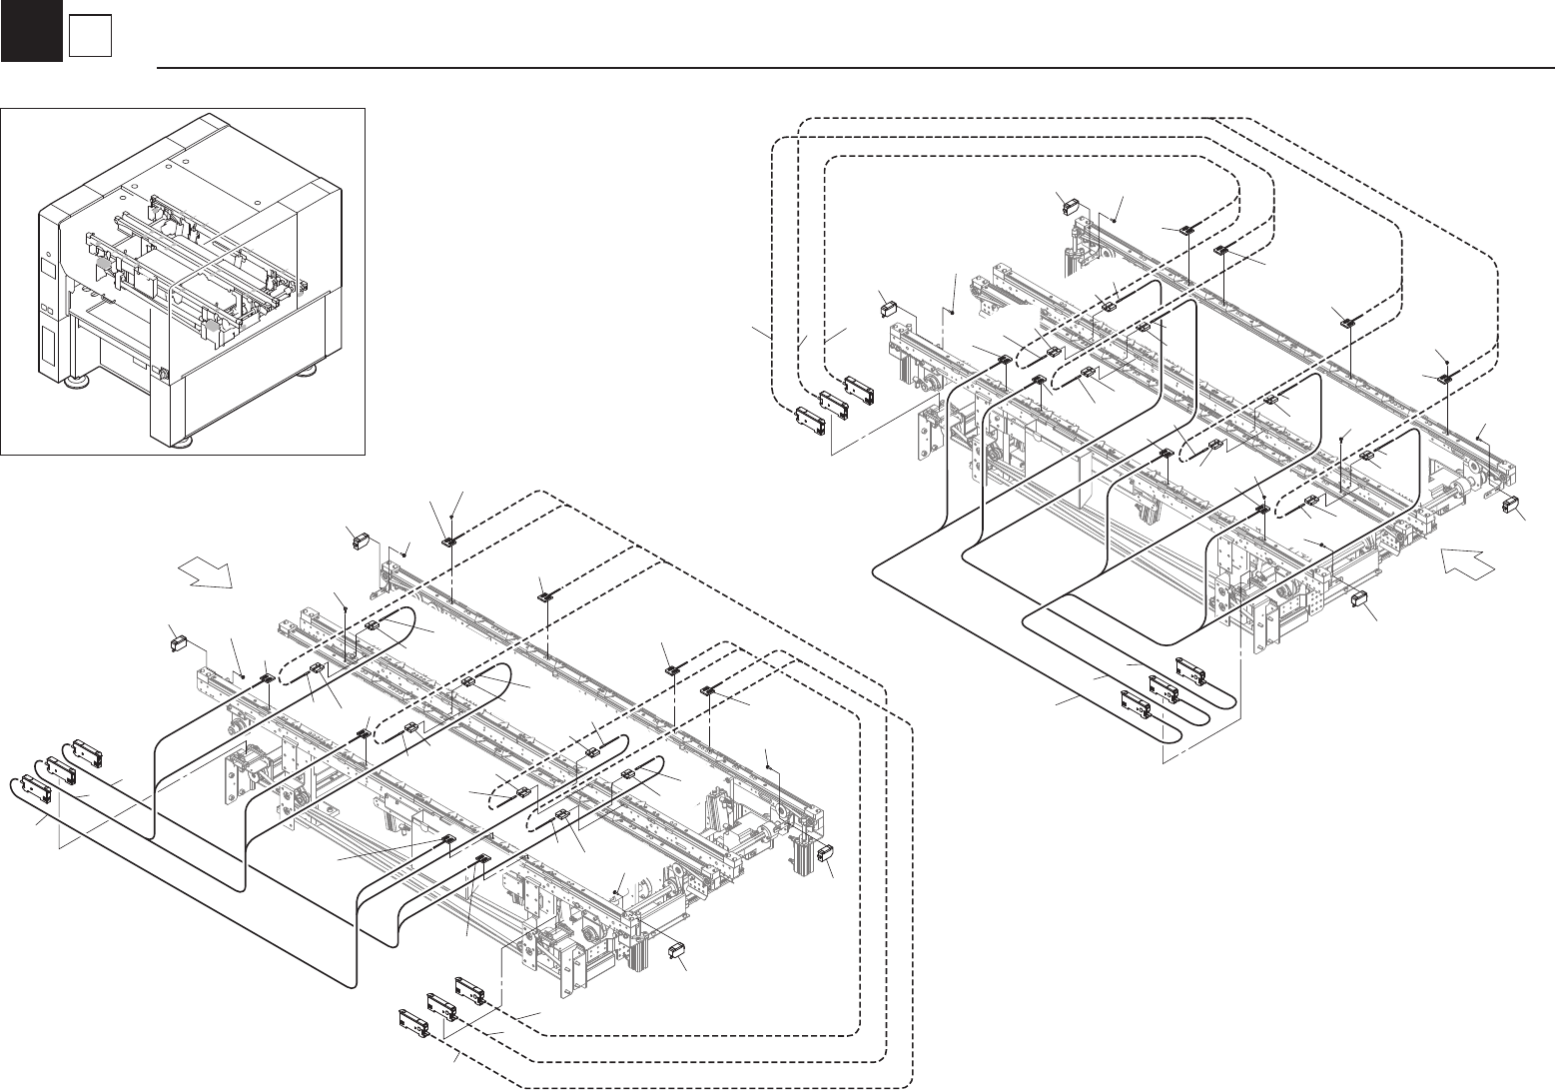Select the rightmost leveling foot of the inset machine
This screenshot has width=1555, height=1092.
[x=310, y=370]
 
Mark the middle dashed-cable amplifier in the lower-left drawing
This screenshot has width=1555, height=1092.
[x=442, y=1004]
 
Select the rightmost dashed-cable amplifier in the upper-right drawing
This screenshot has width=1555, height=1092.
[x=861, y=388]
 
